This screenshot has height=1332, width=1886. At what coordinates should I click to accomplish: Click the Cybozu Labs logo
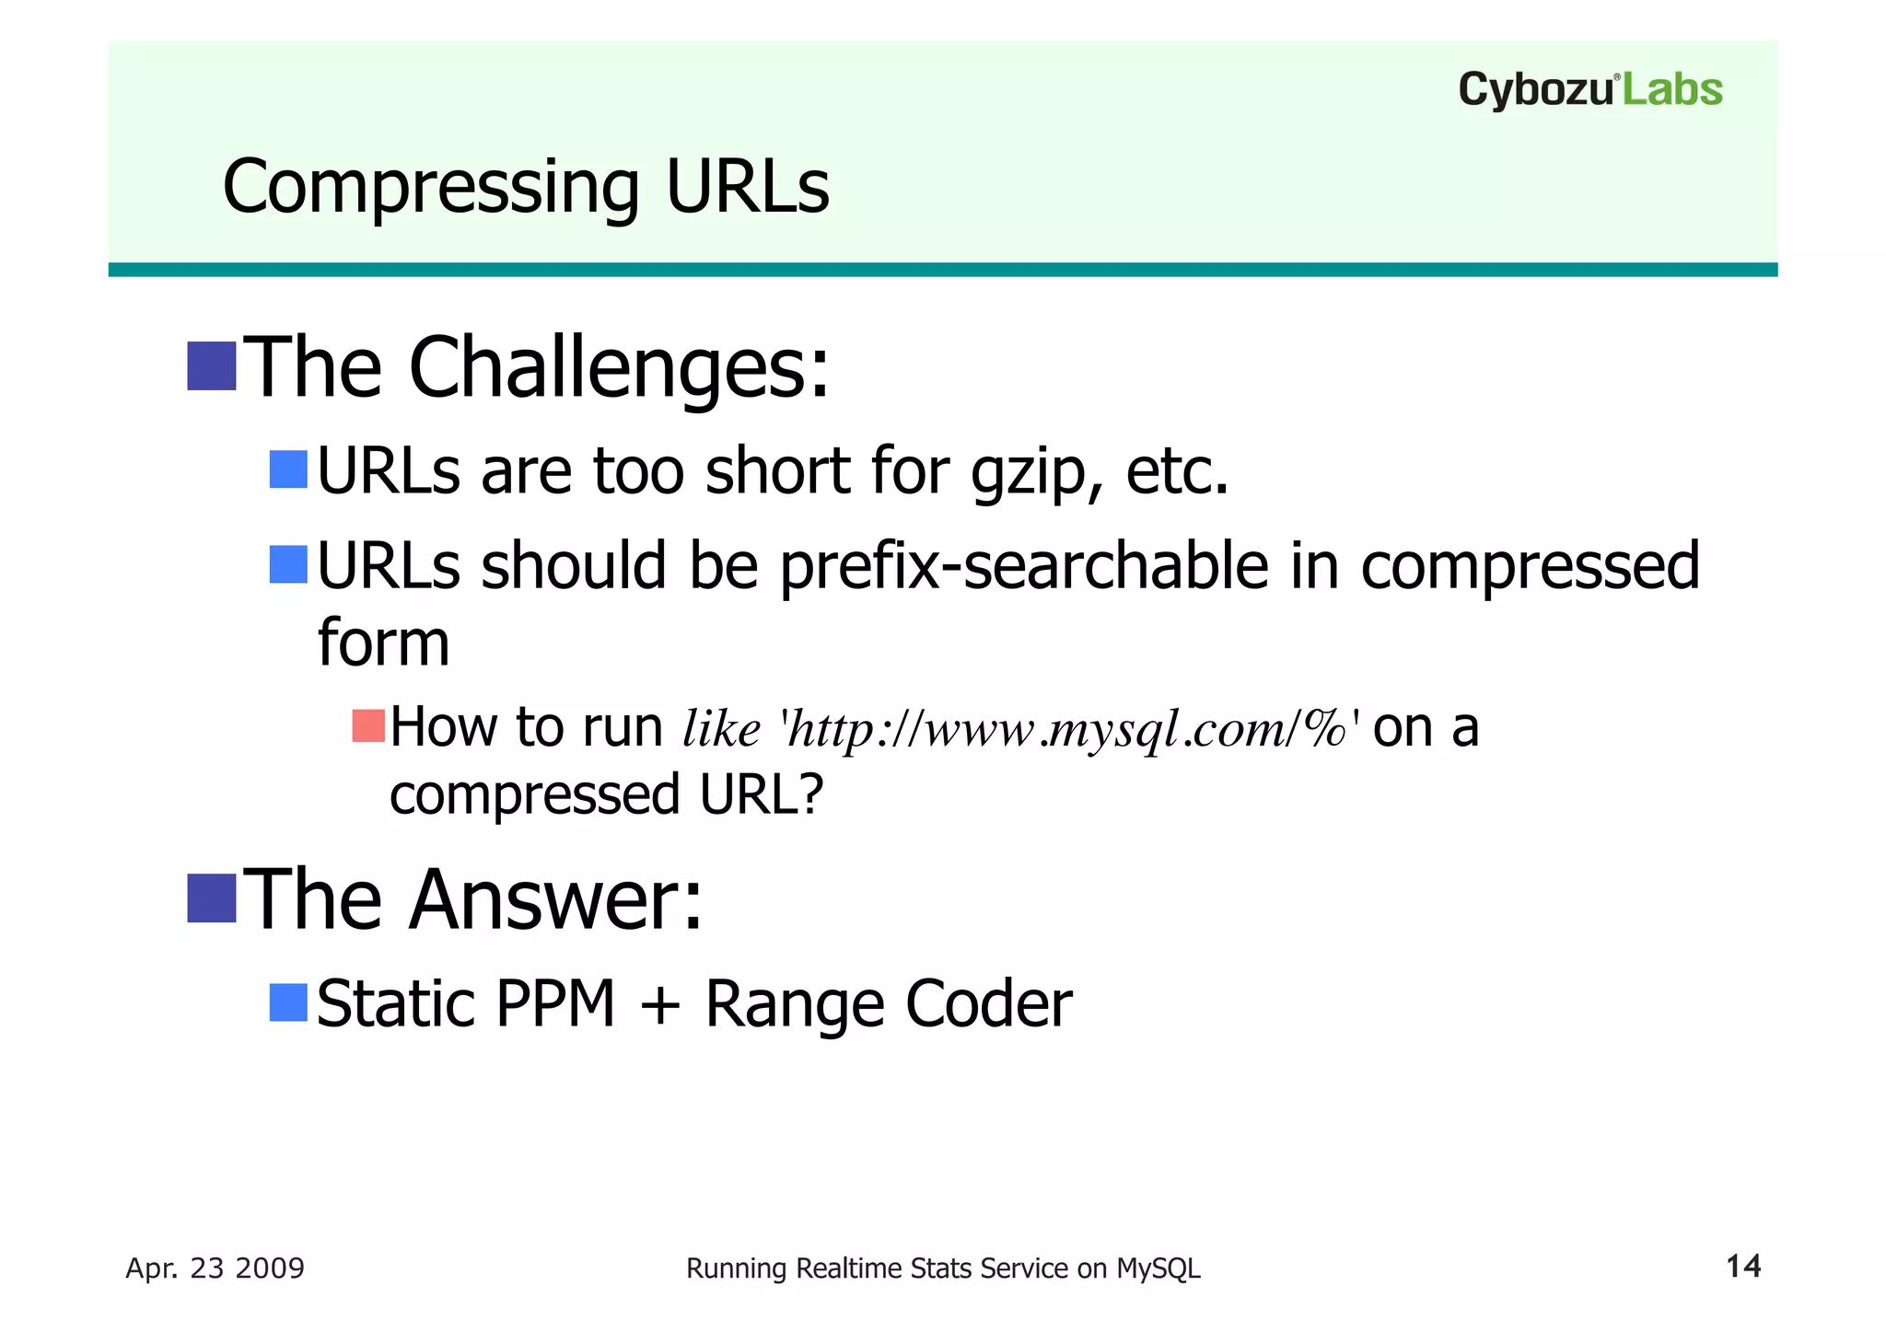1589,90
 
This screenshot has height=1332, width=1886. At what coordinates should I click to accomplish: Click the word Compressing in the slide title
430,188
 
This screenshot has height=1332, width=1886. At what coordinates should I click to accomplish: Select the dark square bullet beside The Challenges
212,366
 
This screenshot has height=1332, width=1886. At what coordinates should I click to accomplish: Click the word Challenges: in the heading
618,368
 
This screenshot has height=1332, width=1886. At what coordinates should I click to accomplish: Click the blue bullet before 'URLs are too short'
287,469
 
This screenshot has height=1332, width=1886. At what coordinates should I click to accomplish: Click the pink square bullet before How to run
367,726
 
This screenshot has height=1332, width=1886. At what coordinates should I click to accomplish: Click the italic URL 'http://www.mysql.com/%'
1069,729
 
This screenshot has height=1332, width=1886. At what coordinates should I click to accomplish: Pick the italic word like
721,729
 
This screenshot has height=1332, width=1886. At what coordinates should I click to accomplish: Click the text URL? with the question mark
761,794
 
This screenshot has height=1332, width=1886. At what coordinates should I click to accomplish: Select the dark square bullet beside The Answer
212,898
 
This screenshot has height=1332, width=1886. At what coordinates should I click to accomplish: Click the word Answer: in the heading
555,900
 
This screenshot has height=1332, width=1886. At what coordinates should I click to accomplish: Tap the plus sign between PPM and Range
659,1005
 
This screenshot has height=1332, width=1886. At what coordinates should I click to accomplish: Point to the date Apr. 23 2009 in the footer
215,1268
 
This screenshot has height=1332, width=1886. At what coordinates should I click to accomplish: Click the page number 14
1742,1267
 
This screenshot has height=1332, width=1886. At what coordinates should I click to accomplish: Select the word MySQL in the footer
1158,1268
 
